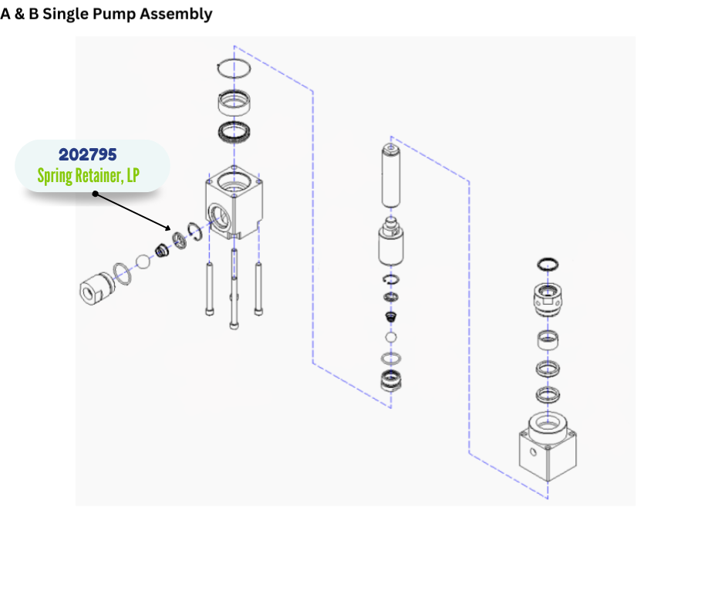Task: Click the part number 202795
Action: click(88, 155)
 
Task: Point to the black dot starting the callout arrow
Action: click(95, 194)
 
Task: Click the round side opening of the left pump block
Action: click(218, 211)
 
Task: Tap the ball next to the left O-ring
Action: click(142, 261)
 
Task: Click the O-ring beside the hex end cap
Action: click(121, 271)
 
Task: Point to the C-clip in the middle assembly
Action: click(391, 279)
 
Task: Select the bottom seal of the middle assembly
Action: click(391, 380)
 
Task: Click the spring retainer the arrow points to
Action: click(180, 240)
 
